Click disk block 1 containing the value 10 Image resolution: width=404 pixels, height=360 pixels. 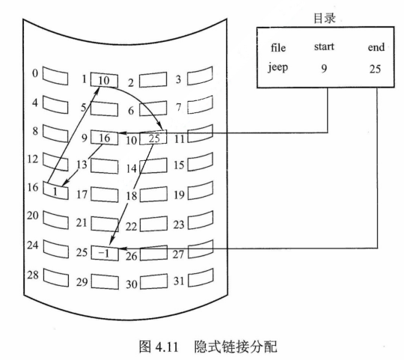[x=103, y=80]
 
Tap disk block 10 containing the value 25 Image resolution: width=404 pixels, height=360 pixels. [x=153, y=138]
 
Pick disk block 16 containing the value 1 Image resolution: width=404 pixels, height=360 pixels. [x=55, y=191]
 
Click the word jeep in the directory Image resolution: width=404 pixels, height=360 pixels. [x=278, y=69]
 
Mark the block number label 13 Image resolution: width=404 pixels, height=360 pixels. [x=83, y=164]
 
